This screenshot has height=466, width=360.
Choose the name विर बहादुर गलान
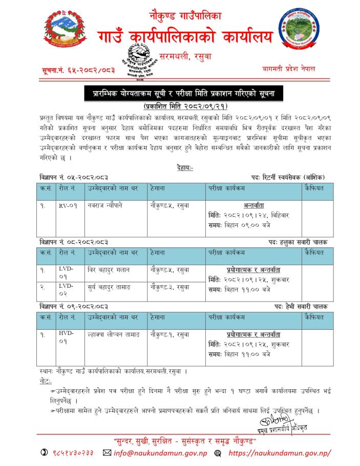coord(109,269)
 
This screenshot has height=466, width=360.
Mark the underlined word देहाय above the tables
coord(183,167)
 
